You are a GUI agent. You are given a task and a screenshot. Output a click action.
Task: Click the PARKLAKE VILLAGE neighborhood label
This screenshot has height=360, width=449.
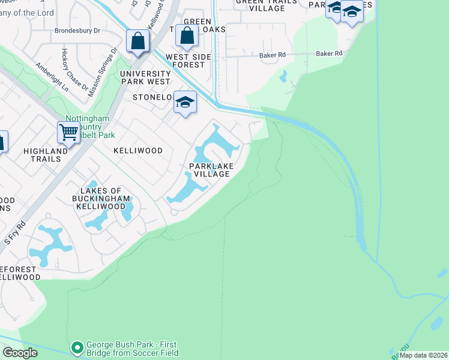tap(209, 170)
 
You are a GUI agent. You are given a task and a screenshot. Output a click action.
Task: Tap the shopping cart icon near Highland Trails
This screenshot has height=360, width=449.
tap(69, 131)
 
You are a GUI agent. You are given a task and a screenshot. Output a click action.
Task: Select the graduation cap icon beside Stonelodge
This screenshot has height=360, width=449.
tap(185, 102)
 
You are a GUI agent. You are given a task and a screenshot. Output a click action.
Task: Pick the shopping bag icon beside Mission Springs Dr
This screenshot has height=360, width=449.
tap(138, 41)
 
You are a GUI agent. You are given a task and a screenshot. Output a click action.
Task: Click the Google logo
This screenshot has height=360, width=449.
tap(20, 353)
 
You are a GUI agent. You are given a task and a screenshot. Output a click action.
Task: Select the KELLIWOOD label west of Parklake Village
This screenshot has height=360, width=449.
tap(138, 151)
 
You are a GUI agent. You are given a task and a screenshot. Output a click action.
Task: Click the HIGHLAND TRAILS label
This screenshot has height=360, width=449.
tap(46, 155)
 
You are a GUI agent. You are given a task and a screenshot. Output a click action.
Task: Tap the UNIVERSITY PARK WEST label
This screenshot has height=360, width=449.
tap(145, 77)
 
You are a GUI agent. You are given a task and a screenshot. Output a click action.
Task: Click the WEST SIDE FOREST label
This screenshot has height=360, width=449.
tap(185, 61)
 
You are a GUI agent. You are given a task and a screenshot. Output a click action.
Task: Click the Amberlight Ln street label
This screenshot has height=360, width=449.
tap(52, 77)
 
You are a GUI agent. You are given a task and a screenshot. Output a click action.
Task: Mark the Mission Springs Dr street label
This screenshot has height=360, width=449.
tap(103, 71)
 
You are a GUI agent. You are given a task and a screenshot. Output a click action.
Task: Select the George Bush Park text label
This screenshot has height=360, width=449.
tap(133, 349)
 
